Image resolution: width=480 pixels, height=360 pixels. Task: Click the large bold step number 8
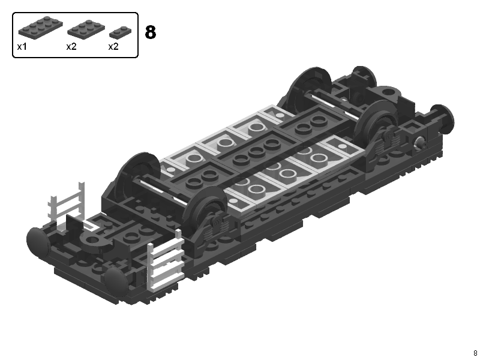coord(151,32)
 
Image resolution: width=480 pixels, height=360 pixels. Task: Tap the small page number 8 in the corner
coord(475,353)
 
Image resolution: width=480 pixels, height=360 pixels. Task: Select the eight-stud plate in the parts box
coord(40,27)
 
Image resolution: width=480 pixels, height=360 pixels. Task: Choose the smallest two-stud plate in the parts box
coord(121,33)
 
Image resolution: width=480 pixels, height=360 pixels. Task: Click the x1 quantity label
coord(22,47)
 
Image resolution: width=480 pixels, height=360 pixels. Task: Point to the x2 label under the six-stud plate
coord(71,47)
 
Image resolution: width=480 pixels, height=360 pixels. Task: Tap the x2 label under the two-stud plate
coord(113,47)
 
